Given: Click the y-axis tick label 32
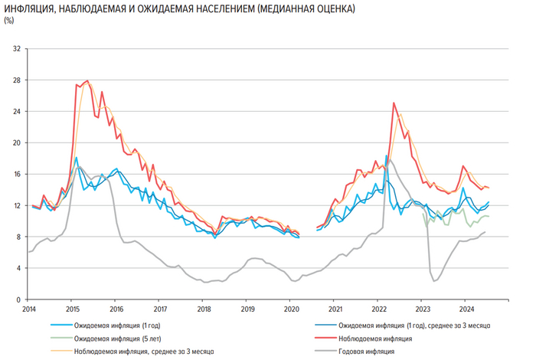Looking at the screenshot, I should [x=18, y=49].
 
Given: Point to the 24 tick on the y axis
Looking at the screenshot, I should [x=18, y=111].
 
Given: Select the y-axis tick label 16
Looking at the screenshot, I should [x=18, y=174].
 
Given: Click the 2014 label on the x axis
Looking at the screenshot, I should [x=29, y=309].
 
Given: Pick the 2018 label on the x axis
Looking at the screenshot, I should [x=204, y=309].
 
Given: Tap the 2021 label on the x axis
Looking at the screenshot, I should [x=335, y=309].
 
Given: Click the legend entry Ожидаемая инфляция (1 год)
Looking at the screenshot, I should [x=114, y=325].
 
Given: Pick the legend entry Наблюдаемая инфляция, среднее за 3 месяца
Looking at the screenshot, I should [x=138, y=352].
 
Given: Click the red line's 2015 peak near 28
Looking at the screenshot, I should [x=87, y=80].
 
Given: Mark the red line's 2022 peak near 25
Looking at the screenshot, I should [x=394, y=102].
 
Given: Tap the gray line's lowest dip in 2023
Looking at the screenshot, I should [x=434, y=281].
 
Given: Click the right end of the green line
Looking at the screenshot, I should [x=489, y=217].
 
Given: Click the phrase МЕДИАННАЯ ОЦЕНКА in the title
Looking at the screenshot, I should [x=311, y=8].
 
